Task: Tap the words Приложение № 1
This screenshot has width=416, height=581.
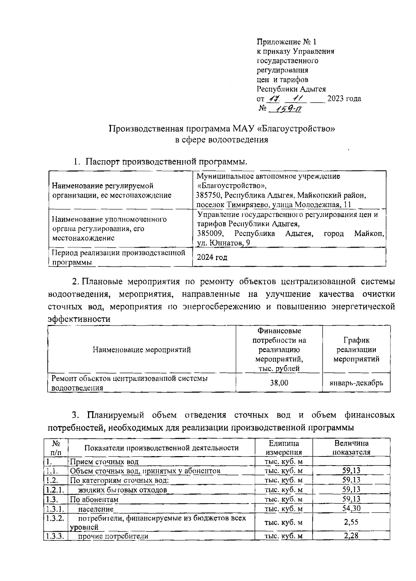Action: [x=286, y=42]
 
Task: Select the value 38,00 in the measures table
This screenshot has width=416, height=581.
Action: [x=279, y=383]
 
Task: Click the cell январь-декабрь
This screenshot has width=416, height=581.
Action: [x=356, y=383]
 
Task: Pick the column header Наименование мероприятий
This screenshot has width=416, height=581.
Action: [x=141, y=350]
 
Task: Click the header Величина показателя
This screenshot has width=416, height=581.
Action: [x=351, y=447]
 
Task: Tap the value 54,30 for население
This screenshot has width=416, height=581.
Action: [x=351, y=509]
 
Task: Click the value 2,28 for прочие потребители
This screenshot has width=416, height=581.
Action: [x=351, y=536]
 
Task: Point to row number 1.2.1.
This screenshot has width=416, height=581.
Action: [x=54, y=490]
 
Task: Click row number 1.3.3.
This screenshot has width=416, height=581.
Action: [x=54, y=536]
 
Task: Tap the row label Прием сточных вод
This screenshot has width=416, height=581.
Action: [x=104, y=462]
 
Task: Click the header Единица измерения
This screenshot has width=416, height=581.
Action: [x=284, y=447]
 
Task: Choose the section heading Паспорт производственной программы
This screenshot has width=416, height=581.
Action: [x=166, y=162]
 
